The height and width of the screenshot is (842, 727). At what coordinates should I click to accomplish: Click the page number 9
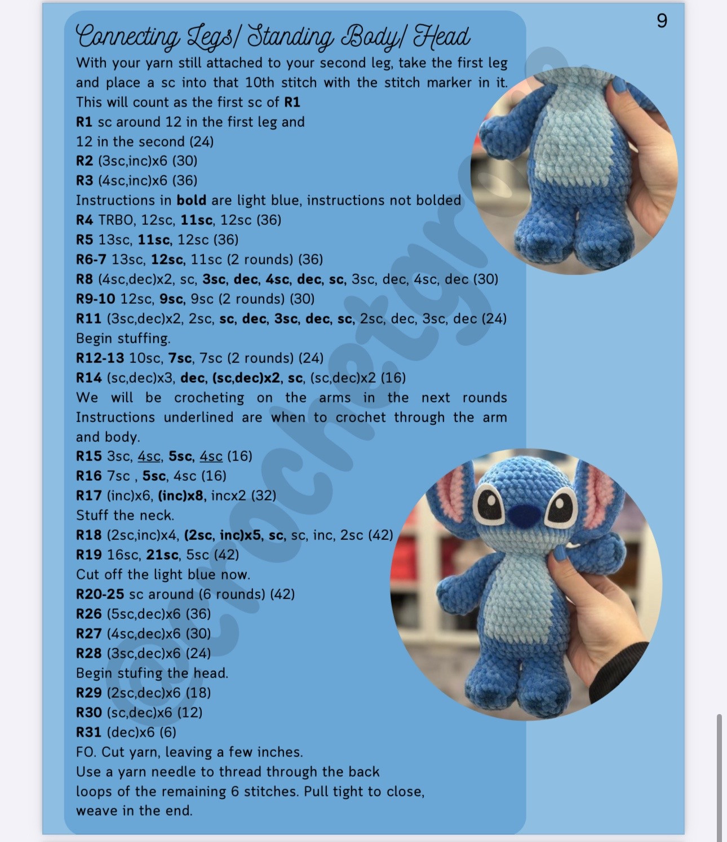point(662,21)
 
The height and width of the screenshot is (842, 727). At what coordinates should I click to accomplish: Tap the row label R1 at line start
point(84,122)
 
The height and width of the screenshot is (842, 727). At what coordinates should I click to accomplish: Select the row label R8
point(84,279)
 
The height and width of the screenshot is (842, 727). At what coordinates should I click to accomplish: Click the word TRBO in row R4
point(116,220)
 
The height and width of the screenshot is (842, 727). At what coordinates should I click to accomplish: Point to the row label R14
point(88,378)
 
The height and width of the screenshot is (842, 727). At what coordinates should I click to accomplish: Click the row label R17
point(88,495)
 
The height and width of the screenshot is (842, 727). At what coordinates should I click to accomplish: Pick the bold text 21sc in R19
point(162,555)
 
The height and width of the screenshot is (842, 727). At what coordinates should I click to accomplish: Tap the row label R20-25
point(100,594)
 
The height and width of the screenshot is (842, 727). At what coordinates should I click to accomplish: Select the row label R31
point(88,732)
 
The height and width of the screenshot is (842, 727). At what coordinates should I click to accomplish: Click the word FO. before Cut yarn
point(86,752)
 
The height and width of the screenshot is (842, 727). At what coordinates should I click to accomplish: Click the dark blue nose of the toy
point(523,514)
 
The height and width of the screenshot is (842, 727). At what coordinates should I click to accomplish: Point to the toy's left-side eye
point(487,503)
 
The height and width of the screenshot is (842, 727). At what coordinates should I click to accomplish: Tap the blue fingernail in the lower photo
point(560,555)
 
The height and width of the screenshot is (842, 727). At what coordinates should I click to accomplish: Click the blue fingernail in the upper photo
point(618,86)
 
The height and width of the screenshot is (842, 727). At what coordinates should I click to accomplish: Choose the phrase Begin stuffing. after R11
point(123,338)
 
